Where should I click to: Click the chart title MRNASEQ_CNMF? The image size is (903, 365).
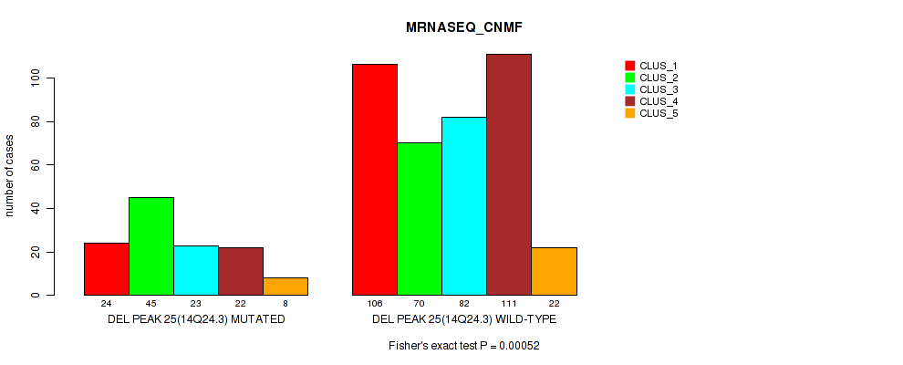tap(463, 28)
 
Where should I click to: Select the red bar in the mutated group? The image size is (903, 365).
tap(106, 269)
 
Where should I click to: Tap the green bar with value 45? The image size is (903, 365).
tap(150, 246)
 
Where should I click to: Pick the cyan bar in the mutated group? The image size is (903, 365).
tap(195, 270)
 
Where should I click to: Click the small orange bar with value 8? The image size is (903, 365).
tap(285, 287)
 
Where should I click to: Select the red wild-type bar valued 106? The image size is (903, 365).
tap(375, 180)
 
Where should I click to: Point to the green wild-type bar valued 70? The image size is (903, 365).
tap(420, 219)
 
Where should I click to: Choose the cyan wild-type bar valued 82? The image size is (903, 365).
tap(464, 206)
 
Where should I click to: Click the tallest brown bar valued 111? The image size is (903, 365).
tap(509, 174)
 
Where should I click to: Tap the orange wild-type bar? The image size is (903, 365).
tap(554, 271)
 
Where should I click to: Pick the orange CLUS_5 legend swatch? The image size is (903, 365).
tap(629, 113)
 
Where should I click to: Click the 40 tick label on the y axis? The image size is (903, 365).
tap(36, 208)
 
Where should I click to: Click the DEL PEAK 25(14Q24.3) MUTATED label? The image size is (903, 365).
tap(195, 319)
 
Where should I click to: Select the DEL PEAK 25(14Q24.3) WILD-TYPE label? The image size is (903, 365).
tap(464, 319)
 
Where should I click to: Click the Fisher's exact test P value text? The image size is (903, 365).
tap(463, 346)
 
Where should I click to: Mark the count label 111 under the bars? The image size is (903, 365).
tap(509, 303)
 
